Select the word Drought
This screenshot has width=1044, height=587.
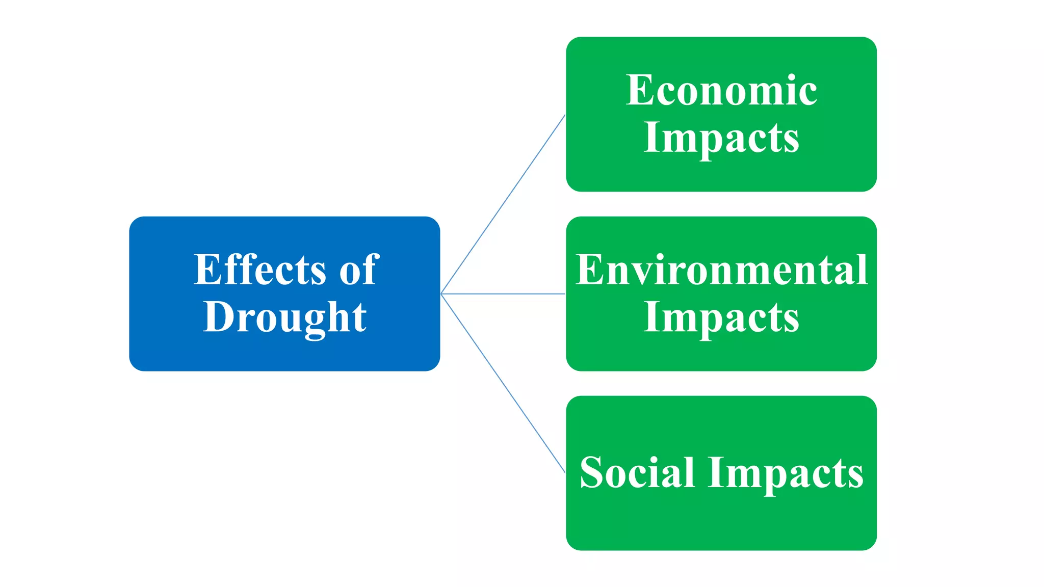[284, 317]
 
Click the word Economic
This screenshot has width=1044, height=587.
[721, 90]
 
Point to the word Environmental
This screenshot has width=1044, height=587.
[721, 270]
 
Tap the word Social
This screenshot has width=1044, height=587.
[637, 473]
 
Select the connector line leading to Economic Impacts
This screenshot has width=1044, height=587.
[503, 204]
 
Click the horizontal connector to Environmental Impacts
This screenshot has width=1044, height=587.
[503, 294]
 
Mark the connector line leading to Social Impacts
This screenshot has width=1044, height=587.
[503, 383]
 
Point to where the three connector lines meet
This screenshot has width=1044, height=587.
[441, 294]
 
